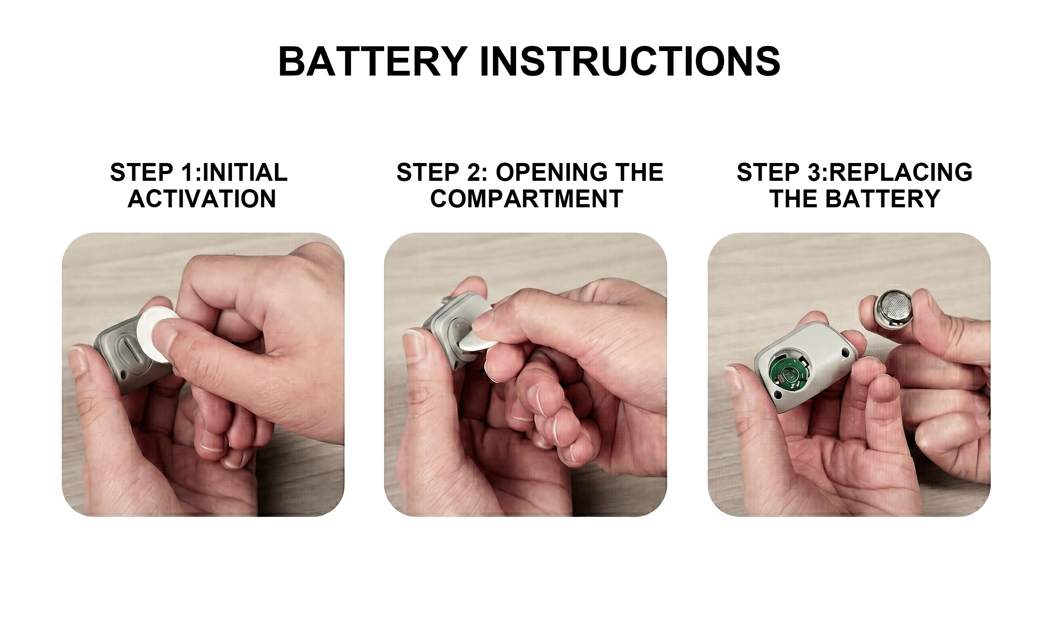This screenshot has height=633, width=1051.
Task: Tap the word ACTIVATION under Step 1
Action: pyautogui.click(x=202, y=199)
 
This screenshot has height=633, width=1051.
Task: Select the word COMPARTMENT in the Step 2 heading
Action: pyautogui.click(x=526, y=199)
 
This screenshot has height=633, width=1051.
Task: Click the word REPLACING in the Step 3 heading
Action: pyautogui.click(x=901, y=172)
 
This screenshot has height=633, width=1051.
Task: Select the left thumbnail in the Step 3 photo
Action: pyautogui.click(x=733, y=378)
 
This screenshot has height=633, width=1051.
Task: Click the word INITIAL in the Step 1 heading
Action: pyautogui.click(x=245, y=172)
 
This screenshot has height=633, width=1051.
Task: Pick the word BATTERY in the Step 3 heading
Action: pyautogui.click(x=882, y=199)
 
